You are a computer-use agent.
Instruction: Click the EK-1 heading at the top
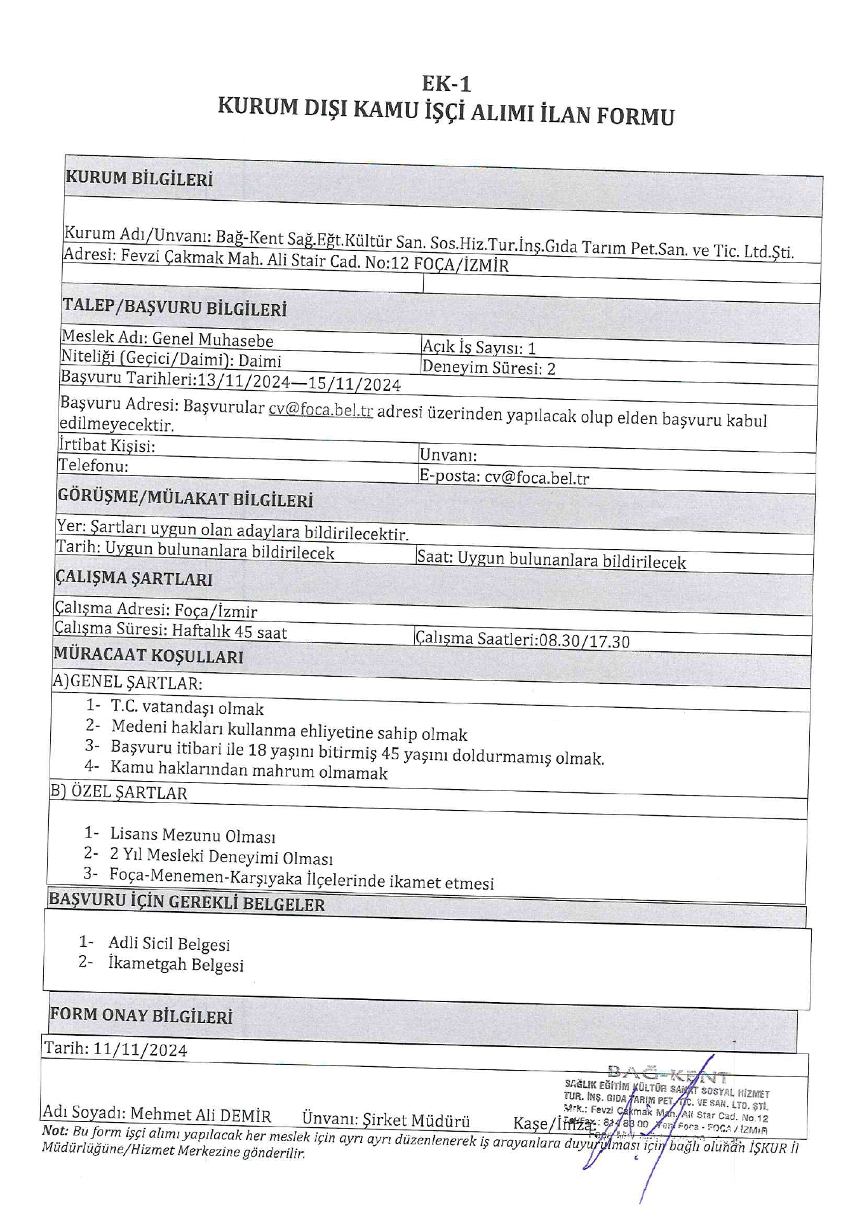[446, 84]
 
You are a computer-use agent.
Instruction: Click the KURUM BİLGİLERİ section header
[138, 179]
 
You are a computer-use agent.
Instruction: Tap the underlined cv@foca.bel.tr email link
[320, 410]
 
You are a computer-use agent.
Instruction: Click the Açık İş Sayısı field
[479, 347]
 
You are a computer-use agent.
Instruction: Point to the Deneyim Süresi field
[488, 368]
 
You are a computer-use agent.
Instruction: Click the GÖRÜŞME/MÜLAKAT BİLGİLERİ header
[185, 498]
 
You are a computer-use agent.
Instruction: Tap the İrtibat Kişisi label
[107, 445]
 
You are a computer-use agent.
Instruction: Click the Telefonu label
[93, 466]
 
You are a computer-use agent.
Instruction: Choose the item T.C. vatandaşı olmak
[187, 707]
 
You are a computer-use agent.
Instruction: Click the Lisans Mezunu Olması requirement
[192, 835]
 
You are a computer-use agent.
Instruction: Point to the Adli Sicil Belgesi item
[169, 944]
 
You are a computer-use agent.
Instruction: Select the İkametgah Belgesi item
[176, 965]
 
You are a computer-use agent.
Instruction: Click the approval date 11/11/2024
[140, 1050]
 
